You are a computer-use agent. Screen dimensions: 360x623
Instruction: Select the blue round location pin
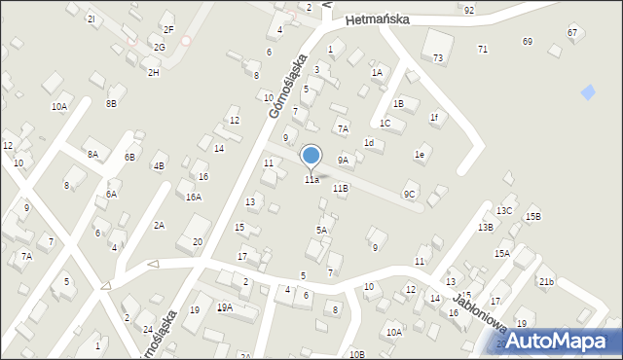click(x=311, y=156)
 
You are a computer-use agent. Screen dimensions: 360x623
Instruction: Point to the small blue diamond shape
click(x=587, y=92)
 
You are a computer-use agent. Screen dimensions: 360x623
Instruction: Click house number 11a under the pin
click(x=311, y=179)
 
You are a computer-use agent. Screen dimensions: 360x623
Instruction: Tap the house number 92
click(x=469, y=10)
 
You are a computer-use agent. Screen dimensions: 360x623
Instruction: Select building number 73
click(x=438, y=58)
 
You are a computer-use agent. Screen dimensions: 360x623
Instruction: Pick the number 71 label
click(x=483, y=49)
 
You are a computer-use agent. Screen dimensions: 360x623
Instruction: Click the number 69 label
click(x=528, y=42)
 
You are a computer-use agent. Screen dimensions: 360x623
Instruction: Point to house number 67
click(x=572, y=33)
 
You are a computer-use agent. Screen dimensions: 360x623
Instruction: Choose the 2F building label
click(x=168, y=29)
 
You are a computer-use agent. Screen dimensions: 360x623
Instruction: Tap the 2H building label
click(x=153, y=73)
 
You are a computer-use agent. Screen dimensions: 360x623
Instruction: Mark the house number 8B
click(x=111, y=102)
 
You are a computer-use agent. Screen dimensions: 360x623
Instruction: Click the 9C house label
click(x=411, y=195)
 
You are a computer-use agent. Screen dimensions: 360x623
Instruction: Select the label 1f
click(x=435, y=118)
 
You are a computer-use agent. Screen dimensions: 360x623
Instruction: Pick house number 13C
click(x=503, y=210)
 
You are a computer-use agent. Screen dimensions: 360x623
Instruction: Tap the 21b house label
click(x=546, y=282)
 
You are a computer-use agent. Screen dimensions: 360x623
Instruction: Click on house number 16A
click(x=194, y=198)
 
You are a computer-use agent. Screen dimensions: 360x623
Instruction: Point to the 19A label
click(x=225, y=307)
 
